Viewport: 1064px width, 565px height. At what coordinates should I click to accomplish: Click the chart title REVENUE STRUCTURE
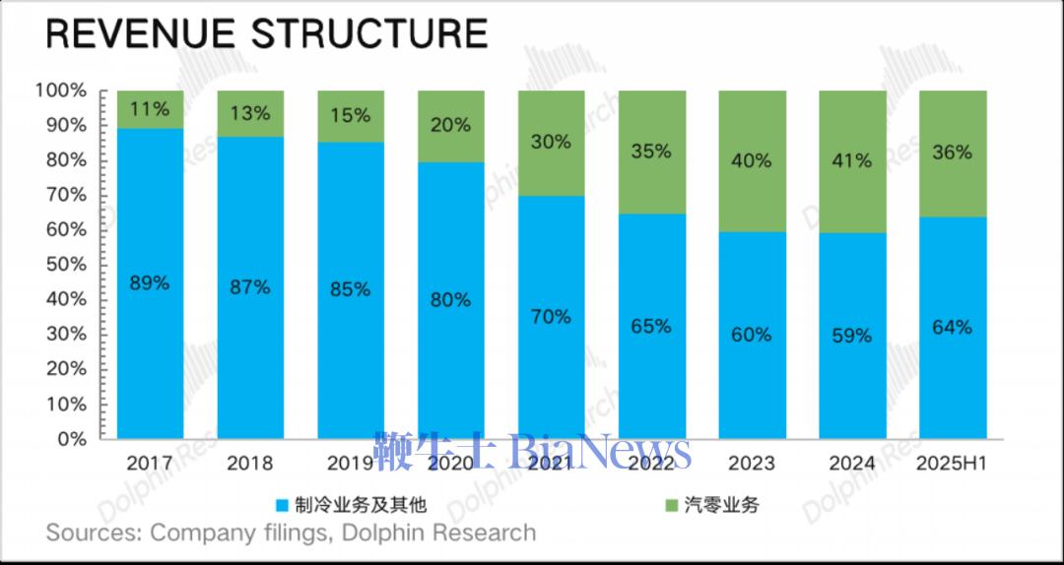pos(266,33)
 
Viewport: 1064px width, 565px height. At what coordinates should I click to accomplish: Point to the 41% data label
pos(851,159)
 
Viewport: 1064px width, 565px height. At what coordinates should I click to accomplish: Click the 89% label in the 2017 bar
pos(150,282)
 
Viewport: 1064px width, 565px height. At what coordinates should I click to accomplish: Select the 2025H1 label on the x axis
pos(952,463)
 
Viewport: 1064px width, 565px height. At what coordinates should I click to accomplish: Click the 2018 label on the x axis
pos(250,463)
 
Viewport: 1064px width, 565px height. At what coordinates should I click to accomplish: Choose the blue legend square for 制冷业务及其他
pos(283,506)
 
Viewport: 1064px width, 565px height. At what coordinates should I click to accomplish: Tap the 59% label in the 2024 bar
pos(851,336)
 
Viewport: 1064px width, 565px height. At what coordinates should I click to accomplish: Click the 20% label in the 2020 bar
pos(450,125)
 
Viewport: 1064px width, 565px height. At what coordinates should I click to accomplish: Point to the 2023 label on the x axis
pos(752,463)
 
